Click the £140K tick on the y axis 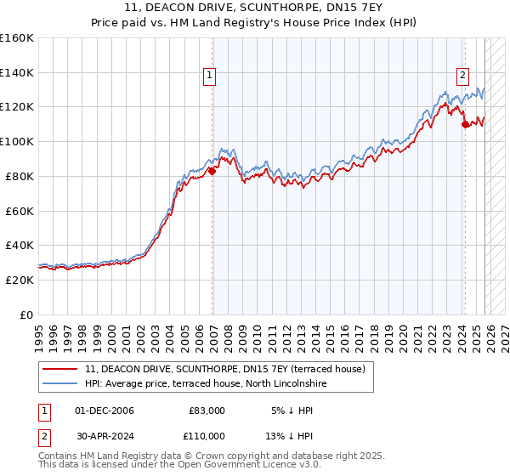(17, 72)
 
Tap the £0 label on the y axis (26, 314)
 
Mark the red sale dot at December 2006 (212, 170)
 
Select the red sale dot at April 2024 (465, 124)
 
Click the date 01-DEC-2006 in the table (104, 411)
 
